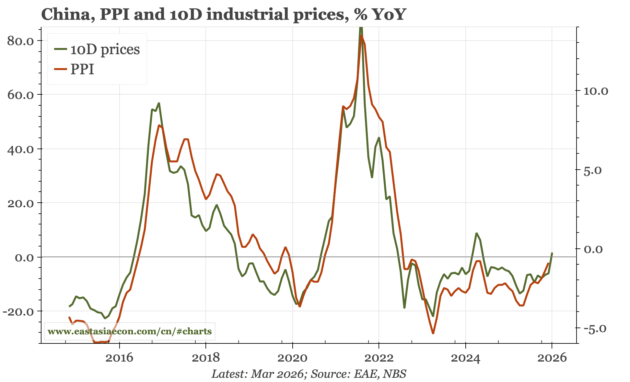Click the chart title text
(x=223, y=15)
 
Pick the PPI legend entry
(x=82, y=69)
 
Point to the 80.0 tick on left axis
(x=20, y=41)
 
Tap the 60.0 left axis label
(x=20, y=95)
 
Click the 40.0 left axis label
(x=20, y=149)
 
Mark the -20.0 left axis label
(x=18, y=311)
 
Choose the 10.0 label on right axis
(x=596, y=91)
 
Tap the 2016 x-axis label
(x=119, y=358)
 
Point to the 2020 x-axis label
(x=292, y=358)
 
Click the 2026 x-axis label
(x=552, y=358)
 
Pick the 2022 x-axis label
(x=379, y=358)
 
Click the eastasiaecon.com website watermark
(x=130, y=331)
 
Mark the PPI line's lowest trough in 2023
(x=433, y=333)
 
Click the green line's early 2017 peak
(x=159, y=103)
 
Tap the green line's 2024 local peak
(x=476, y=233)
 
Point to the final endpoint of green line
(x=552, y=253)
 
